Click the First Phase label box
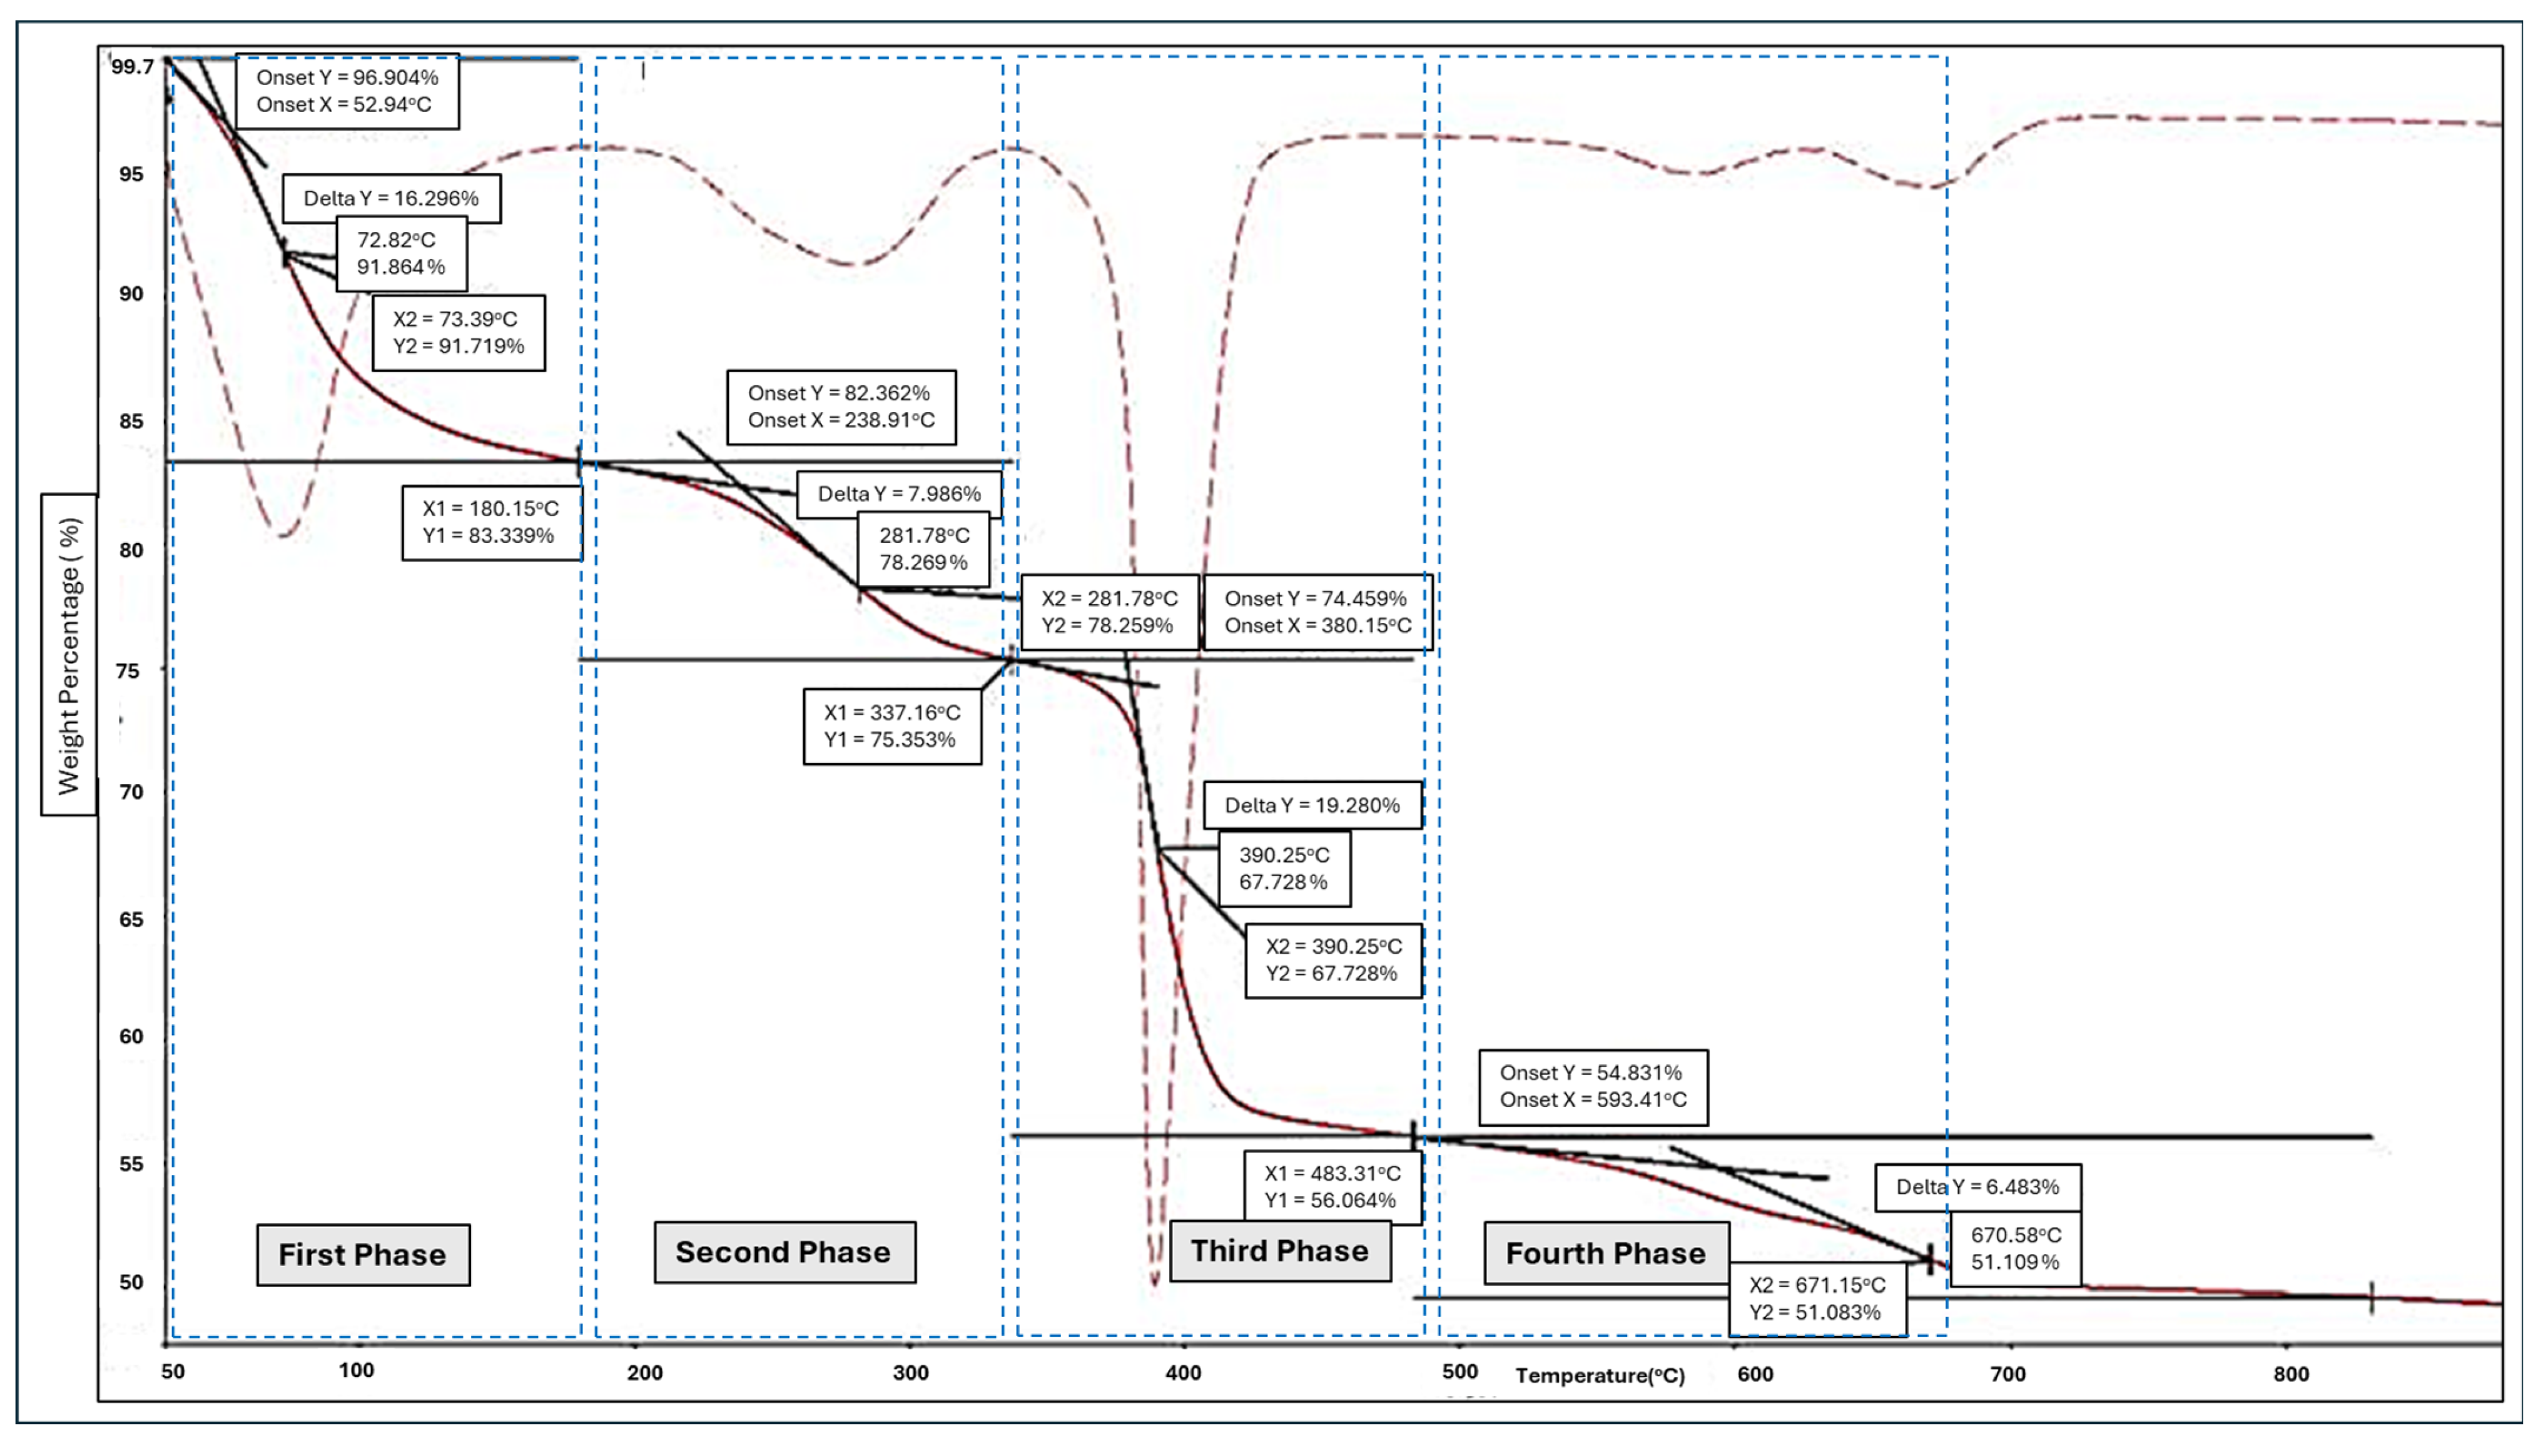(363, 1255)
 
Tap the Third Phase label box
(1279, 1251)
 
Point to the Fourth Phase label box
(1606, 1254)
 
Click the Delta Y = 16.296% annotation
(391, 198)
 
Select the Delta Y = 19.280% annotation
(1312, 805)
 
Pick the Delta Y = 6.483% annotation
(1977, 1187)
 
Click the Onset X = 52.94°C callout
(346, 91)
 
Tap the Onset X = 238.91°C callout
(841, 406)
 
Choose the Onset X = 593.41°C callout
(1593, 1086)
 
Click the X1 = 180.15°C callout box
(491, 522)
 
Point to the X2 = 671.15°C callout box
(1817, 1298)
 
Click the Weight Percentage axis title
(68, 655)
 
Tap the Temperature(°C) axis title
(1600, 1376)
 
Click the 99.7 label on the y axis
(133, 66)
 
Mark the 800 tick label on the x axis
(2291, 1373)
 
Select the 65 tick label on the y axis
(131, 919)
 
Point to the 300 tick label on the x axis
(910, 1373)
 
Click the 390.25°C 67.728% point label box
(1284, 869)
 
